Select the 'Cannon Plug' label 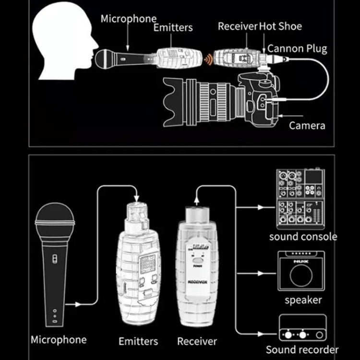[297, 48]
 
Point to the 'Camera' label [307, 126]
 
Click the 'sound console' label [303, 237]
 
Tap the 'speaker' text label [302, 300]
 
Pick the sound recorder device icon [302, 329]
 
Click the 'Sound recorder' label [302, 349]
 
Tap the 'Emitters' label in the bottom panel [138, 341]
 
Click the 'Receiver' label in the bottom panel [197, 341]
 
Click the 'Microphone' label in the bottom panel [59, 340]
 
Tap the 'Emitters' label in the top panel [173, 28]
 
